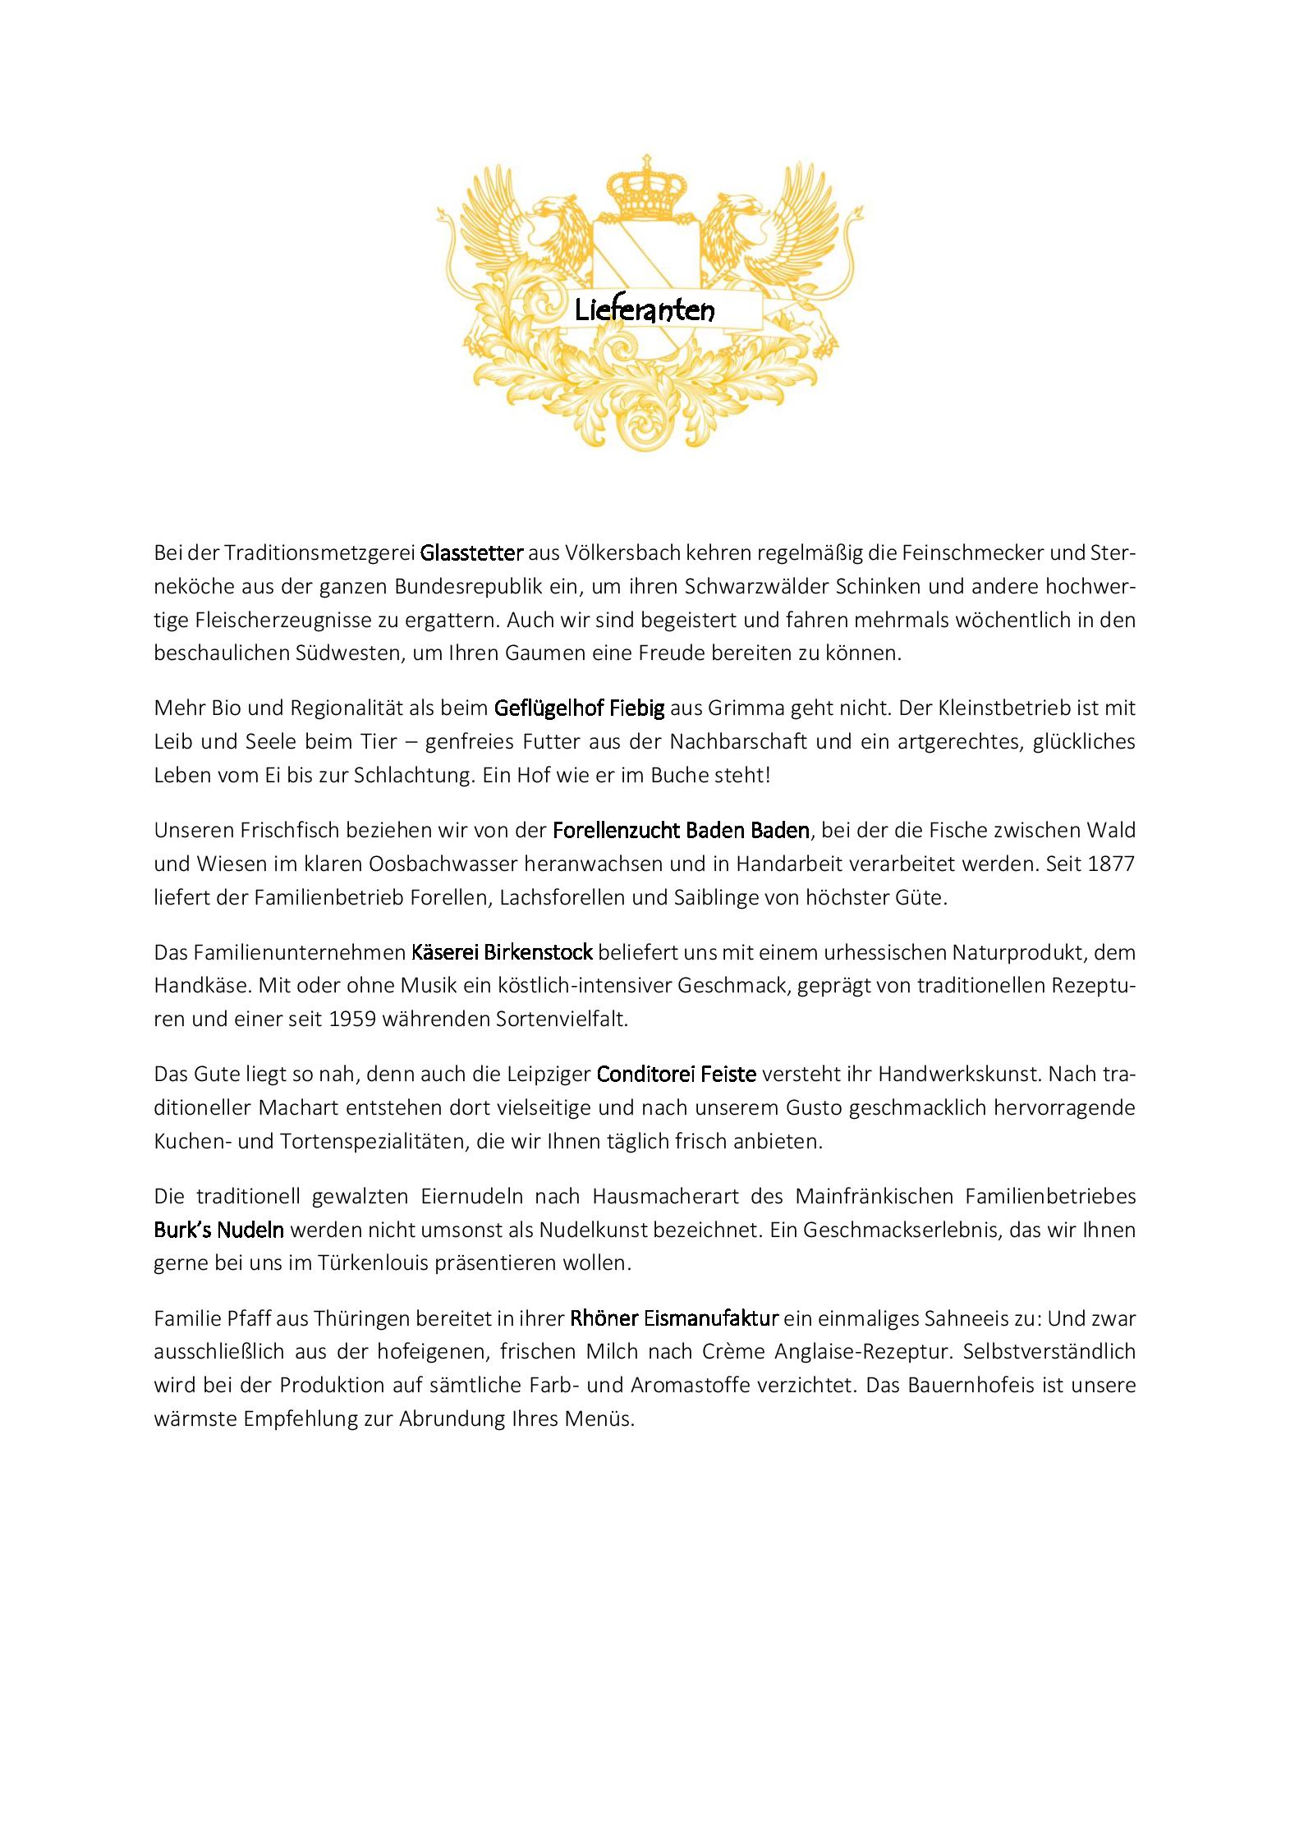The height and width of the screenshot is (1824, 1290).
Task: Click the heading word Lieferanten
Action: [x=645, y=310]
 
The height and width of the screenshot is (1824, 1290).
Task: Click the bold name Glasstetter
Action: [x=471, y=552]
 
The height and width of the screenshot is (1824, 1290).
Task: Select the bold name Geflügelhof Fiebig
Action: [x=579, y=707]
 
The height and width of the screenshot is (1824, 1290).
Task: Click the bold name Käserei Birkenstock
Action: [x=502, y=952]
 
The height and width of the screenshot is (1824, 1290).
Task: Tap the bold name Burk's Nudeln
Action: [x=219, y=1230]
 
